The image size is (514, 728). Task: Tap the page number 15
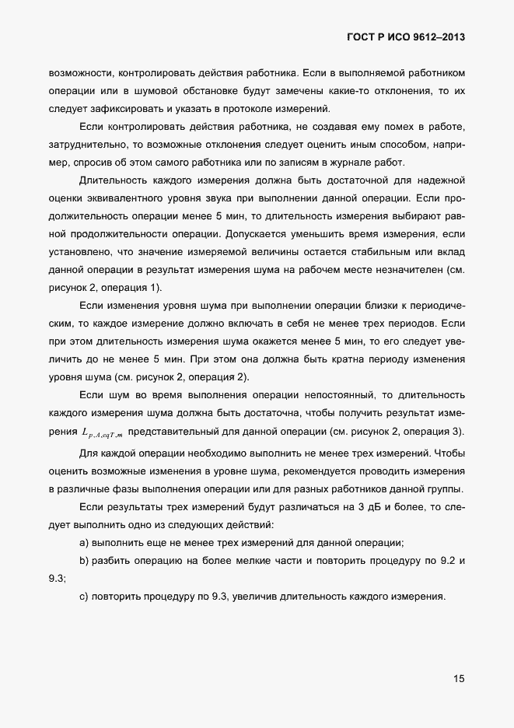[459, 678]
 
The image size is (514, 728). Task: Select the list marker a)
[85, 543]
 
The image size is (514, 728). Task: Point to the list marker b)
[85, 561]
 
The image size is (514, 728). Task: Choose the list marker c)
[85, 597]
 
